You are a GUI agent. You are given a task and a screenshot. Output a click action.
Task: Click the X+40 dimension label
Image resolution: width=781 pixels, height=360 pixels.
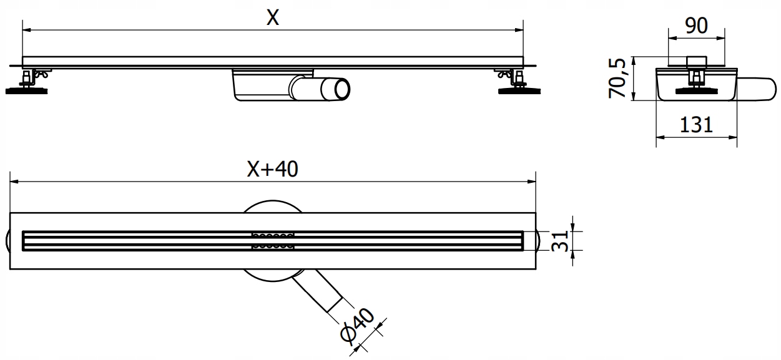pos(273,168)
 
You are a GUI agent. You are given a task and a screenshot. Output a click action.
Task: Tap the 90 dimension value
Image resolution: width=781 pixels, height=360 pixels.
pos(696,26)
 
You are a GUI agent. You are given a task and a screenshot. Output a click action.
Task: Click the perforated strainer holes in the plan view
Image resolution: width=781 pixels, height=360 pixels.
pos(272,241)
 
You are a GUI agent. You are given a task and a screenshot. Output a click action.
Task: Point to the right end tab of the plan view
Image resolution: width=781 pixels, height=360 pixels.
pos(540,241)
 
